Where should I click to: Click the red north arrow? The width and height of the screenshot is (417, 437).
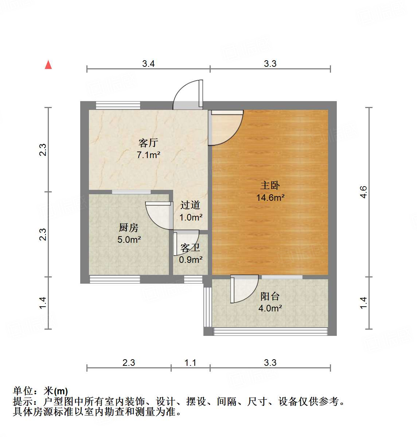48,65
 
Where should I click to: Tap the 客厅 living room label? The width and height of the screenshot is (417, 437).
148,143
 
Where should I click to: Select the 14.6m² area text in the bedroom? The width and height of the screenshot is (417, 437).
270,198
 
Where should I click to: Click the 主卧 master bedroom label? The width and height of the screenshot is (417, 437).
270,185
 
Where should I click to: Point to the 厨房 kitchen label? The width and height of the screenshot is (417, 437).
129,228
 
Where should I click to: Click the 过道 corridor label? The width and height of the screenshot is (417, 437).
190,205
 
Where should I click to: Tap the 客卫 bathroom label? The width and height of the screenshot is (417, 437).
190,248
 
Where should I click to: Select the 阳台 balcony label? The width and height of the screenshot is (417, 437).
270,296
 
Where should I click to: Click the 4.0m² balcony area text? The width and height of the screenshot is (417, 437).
270,308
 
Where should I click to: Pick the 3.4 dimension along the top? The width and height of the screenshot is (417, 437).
148,64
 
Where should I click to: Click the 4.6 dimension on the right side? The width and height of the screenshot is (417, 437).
363,192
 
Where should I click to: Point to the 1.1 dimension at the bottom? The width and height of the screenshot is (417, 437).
190,363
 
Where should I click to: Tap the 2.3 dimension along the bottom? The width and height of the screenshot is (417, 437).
129,363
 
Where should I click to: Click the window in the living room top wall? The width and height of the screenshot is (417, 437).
118,105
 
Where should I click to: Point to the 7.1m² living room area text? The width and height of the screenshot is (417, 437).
148,155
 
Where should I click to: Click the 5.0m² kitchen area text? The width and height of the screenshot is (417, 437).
129,240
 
